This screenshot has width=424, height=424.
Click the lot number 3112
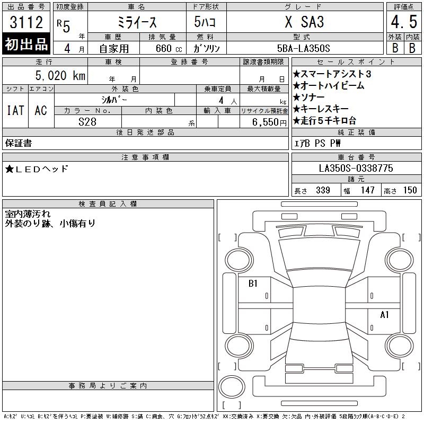(x=26, y=22)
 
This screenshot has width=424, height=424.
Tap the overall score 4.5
(x=404, y=22)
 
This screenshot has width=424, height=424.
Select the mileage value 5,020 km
(x=60, y=75)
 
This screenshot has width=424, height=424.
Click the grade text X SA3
(x=304, y=22)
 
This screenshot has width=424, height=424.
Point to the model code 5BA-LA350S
(x=303, y=48)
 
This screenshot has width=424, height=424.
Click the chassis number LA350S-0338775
(x=356, y=168)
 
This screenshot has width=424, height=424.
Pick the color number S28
(x=87, y=122)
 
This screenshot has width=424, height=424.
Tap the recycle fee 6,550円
(x=269, y=122)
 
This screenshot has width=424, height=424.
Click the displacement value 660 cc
(x=169, y=48)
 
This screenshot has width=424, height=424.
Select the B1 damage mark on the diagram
(x=253, y=284)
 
